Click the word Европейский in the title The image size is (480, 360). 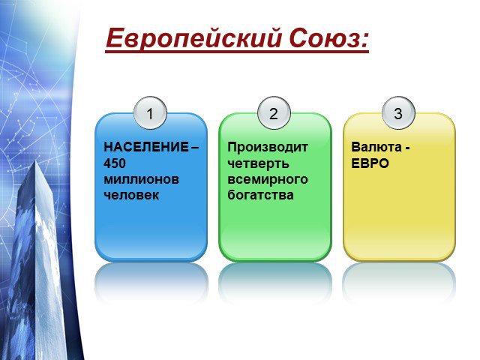pos(193,39)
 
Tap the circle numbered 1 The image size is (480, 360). pos(150,113)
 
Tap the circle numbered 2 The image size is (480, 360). pos(274,113)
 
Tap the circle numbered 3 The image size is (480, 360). pos(398,113)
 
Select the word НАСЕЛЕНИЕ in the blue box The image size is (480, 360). pos(146,147)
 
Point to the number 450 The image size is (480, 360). pos(115,163)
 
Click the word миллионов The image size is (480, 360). pos(141,179)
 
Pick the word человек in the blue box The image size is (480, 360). pos(131,195)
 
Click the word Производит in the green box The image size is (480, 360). pos(268,148)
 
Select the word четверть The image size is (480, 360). pos(258,163)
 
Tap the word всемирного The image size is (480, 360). pos(268,180)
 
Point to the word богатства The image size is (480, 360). pos(260,195)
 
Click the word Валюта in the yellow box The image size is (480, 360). pos(376,147)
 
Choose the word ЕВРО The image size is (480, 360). pos(370,163)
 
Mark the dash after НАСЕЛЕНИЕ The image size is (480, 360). pos(195,148)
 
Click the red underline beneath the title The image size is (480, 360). pos(237,52)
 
